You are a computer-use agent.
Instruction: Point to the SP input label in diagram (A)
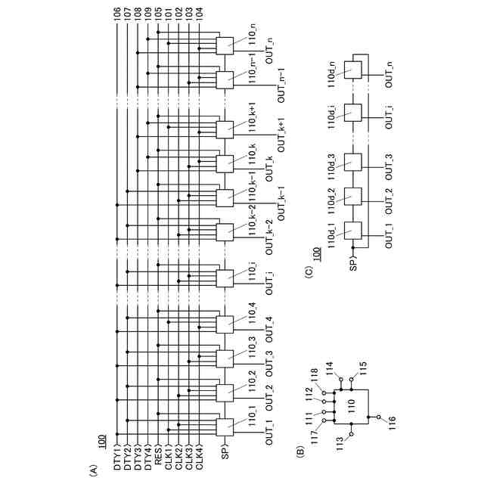[225, 454]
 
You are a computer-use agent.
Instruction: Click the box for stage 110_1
[225, 427]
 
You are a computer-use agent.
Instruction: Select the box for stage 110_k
[225, 163]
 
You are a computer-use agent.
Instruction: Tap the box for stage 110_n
[225, 46]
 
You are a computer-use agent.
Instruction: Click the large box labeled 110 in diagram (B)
[350, 405]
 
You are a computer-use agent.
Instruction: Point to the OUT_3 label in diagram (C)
[389, 163]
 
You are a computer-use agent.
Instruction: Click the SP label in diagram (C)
[353, 265]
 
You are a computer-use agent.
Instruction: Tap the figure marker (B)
[300, 451]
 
